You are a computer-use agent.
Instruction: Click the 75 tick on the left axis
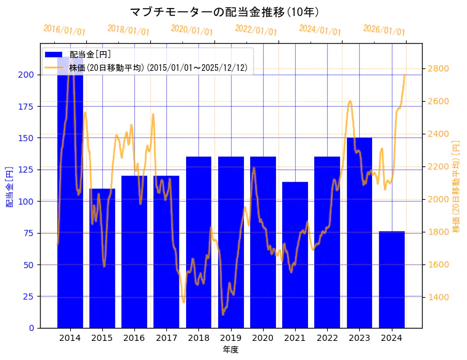(x=28, y=233)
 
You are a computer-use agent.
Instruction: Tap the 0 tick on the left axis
(x=31, y=328)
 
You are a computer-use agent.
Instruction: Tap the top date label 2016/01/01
(x=64, y=30)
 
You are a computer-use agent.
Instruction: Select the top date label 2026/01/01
(x=384, y=30)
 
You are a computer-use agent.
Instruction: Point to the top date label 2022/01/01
(x=256, y=30)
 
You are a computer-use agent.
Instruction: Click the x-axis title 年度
(x=230, y=350)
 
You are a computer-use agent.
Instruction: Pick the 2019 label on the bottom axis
(x=230, y=338)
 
